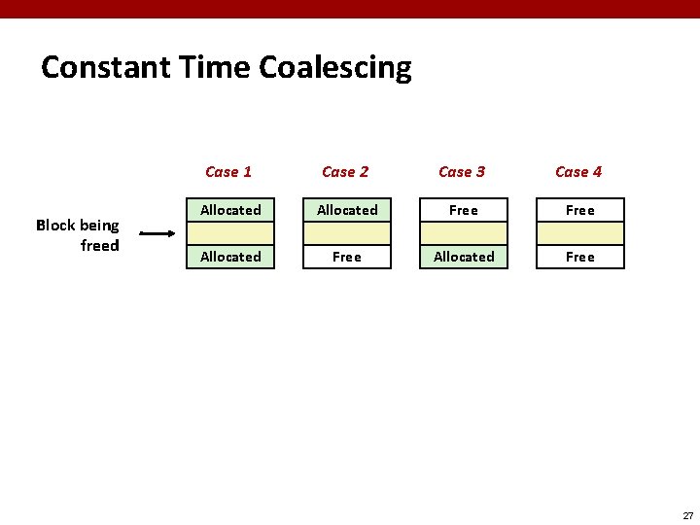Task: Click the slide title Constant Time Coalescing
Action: click(227, 68)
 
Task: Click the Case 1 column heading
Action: click(228, 172)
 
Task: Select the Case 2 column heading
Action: click(345, 172)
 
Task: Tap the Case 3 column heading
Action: click(462, 172)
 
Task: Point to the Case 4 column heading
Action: click(578, 172)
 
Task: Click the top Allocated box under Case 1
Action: click(230, 210)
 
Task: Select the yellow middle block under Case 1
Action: click(230, 233)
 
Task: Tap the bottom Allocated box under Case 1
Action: click(230, 257)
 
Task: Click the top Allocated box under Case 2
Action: click(347, 210)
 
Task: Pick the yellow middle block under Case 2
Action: click(347, 233)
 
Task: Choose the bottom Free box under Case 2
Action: click(347, 257)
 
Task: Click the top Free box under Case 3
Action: click(464, 210)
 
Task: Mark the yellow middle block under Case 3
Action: click(464, 233)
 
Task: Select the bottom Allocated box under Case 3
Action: click(464, 257)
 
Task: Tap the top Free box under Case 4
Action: click(580, 210)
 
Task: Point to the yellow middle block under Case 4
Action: click(580, 233)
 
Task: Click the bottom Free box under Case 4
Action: click(580, 257)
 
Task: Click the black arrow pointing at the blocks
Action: click(157, 233)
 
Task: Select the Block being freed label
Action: click(79, 235)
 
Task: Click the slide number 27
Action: click(687, 515)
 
